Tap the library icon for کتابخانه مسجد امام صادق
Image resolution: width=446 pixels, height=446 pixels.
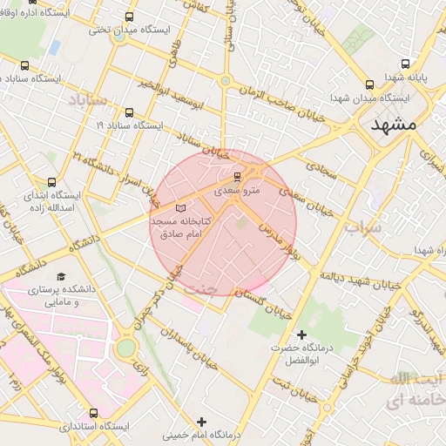point(181,209)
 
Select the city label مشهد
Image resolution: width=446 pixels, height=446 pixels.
point(394,125)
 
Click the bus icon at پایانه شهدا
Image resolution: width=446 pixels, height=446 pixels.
point(405,64)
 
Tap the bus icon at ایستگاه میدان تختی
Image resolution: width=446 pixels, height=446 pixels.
point(130,17)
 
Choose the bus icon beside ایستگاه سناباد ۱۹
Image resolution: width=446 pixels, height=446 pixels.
point(130,112)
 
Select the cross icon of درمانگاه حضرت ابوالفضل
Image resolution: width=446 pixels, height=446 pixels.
point(302,334)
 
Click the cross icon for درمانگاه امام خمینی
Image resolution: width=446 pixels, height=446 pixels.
point(202,422)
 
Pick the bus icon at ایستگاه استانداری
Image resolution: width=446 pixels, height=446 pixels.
point(94,413)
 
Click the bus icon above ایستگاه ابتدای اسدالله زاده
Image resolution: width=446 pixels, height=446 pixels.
point(51,182)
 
